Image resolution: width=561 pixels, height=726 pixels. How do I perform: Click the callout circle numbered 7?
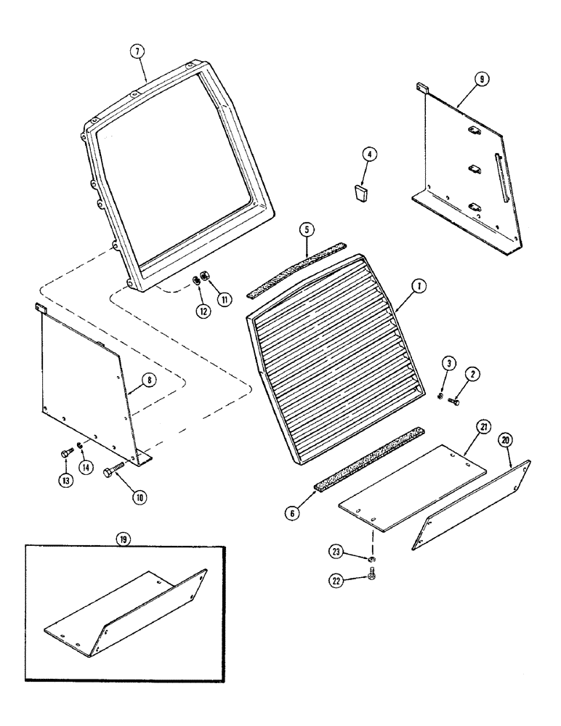138,51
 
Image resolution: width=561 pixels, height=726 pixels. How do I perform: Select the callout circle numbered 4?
369,154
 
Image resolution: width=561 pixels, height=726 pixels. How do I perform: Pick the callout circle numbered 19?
121,540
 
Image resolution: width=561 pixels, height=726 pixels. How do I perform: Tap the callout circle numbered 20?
505,440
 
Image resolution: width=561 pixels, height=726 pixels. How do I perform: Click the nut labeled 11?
206,277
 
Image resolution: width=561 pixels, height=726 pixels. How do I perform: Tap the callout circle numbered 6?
292,513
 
